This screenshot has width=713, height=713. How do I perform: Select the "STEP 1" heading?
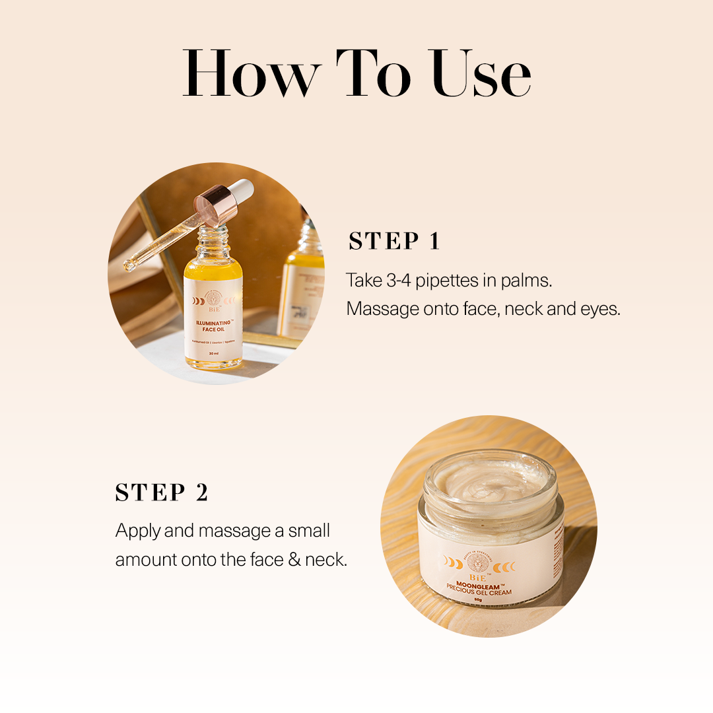394,242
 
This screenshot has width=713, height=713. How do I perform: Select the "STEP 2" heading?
162,492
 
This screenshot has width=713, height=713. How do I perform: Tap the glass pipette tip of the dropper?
129,265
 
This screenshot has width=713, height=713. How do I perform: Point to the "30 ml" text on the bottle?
213,354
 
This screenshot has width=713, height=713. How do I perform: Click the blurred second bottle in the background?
302,284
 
